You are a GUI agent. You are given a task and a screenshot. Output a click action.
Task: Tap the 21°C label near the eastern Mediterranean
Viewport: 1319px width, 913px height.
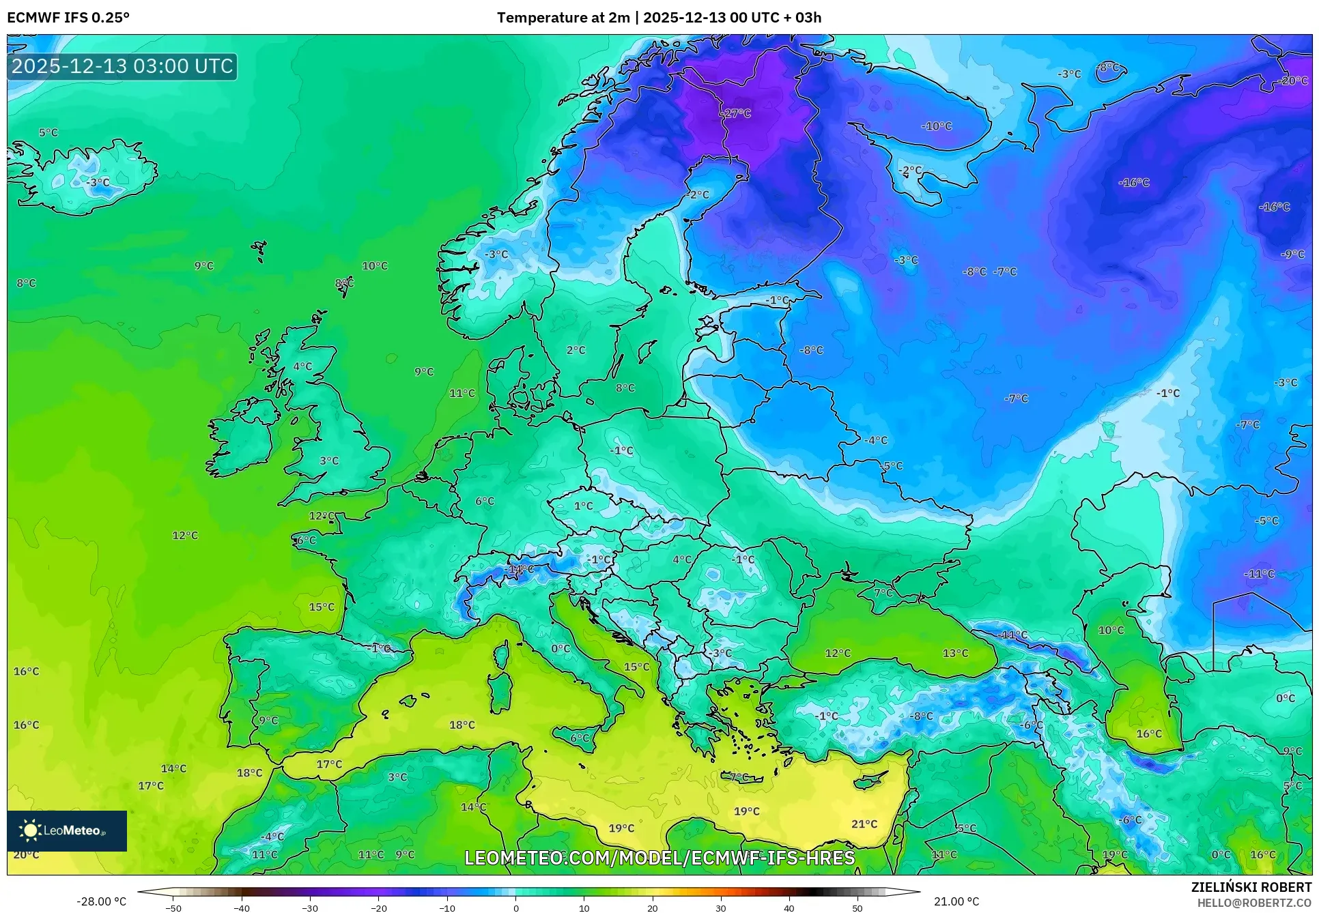[864, 824]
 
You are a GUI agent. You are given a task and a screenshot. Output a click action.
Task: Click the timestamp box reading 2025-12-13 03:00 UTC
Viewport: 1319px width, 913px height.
[122, 66]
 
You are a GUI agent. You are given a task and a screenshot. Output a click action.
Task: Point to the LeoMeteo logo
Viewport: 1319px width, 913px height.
[66, 830]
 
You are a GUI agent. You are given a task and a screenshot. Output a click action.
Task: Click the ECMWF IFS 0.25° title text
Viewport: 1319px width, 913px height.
[68, 18]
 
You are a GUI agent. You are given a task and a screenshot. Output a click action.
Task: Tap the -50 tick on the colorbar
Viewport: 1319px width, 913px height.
[173, 908]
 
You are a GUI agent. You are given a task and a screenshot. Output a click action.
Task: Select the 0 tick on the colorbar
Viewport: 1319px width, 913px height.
[515, 908]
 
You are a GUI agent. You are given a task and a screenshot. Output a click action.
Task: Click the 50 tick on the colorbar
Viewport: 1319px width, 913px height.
[857, 908]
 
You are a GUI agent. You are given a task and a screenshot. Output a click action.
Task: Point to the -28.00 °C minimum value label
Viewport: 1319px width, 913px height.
[101, 901]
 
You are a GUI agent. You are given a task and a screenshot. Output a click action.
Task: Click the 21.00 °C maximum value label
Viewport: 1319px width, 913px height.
[956, 901]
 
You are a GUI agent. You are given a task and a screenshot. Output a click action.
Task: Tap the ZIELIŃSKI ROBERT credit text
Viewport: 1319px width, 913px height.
[1251, 887]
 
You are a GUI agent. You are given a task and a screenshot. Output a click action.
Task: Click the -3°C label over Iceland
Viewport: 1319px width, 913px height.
[97, 182]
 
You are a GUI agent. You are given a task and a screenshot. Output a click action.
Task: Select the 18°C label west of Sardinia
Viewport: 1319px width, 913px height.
[462, 725]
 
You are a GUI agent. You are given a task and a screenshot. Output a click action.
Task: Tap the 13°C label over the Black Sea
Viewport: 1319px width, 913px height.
[955, 653]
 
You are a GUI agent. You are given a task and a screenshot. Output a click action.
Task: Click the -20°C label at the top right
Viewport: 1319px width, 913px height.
[1292, 81]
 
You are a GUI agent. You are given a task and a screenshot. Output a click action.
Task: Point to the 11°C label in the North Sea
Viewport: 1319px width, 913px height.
[462, 393]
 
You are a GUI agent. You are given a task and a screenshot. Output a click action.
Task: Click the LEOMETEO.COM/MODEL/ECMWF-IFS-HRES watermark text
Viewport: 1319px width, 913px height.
[659, 858]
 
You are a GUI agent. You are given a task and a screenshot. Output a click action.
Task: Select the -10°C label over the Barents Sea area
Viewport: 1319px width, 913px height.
[936, 126]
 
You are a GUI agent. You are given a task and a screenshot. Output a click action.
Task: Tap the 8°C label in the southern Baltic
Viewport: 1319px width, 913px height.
[625, 388]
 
